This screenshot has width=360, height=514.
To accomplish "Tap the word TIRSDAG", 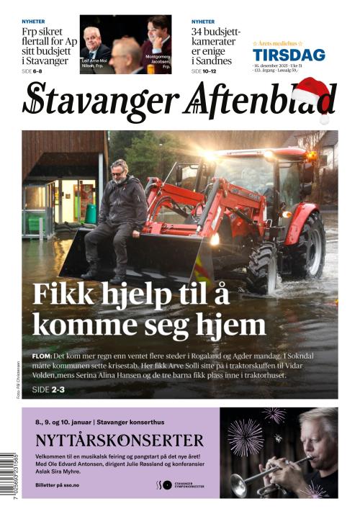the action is (x=288, y=55).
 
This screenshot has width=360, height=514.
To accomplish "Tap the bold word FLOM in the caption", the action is (x=42, y=356).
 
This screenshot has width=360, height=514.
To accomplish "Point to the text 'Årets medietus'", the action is (x=278, y=44).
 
